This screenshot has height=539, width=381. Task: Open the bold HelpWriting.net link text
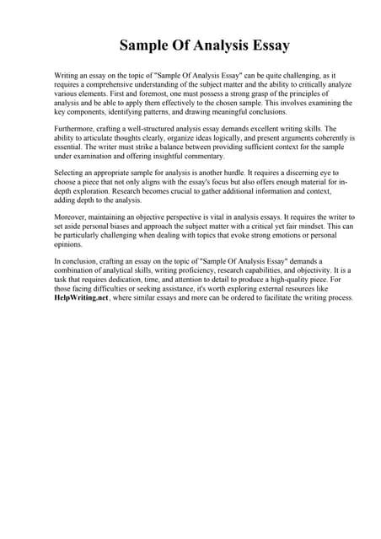[81, 298]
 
